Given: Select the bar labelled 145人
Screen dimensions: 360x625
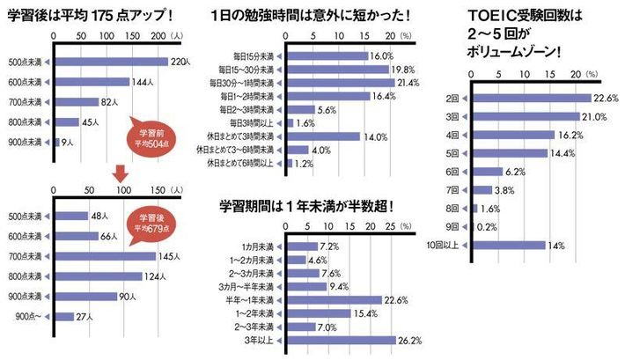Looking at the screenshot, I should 106,256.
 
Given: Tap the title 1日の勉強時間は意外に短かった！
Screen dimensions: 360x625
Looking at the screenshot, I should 325,15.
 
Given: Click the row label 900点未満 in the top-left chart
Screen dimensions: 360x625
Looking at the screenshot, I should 27,142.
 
